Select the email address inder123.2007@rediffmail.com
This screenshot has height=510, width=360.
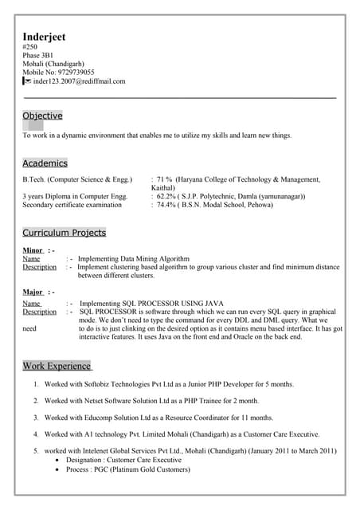click(x=80, y=81)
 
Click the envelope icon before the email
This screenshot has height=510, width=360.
click(x=26, y=81)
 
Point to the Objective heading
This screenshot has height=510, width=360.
click(x=42, y=116)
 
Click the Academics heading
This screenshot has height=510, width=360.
click(x=45, y=163)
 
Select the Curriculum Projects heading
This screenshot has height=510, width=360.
click(x=64, y=233)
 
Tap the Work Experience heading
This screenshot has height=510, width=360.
click(x=57, y=367)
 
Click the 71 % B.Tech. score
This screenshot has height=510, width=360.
click(x=165, y=179)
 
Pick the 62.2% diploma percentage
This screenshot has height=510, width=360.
click(x=167, y=196)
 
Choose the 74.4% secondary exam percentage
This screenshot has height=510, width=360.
click(x=167, y=205)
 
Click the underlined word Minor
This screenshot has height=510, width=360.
click(x=33, y=250)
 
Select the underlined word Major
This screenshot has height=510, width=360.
click(x=33, y=292)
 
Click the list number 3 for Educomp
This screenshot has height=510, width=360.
click(x=36, y=418)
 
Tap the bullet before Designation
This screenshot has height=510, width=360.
click(x=57, y=461)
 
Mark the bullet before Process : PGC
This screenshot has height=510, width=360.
click(x=57, y=470)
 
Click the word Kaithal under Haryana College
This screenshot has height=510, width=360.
click(x=164, y=188)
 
